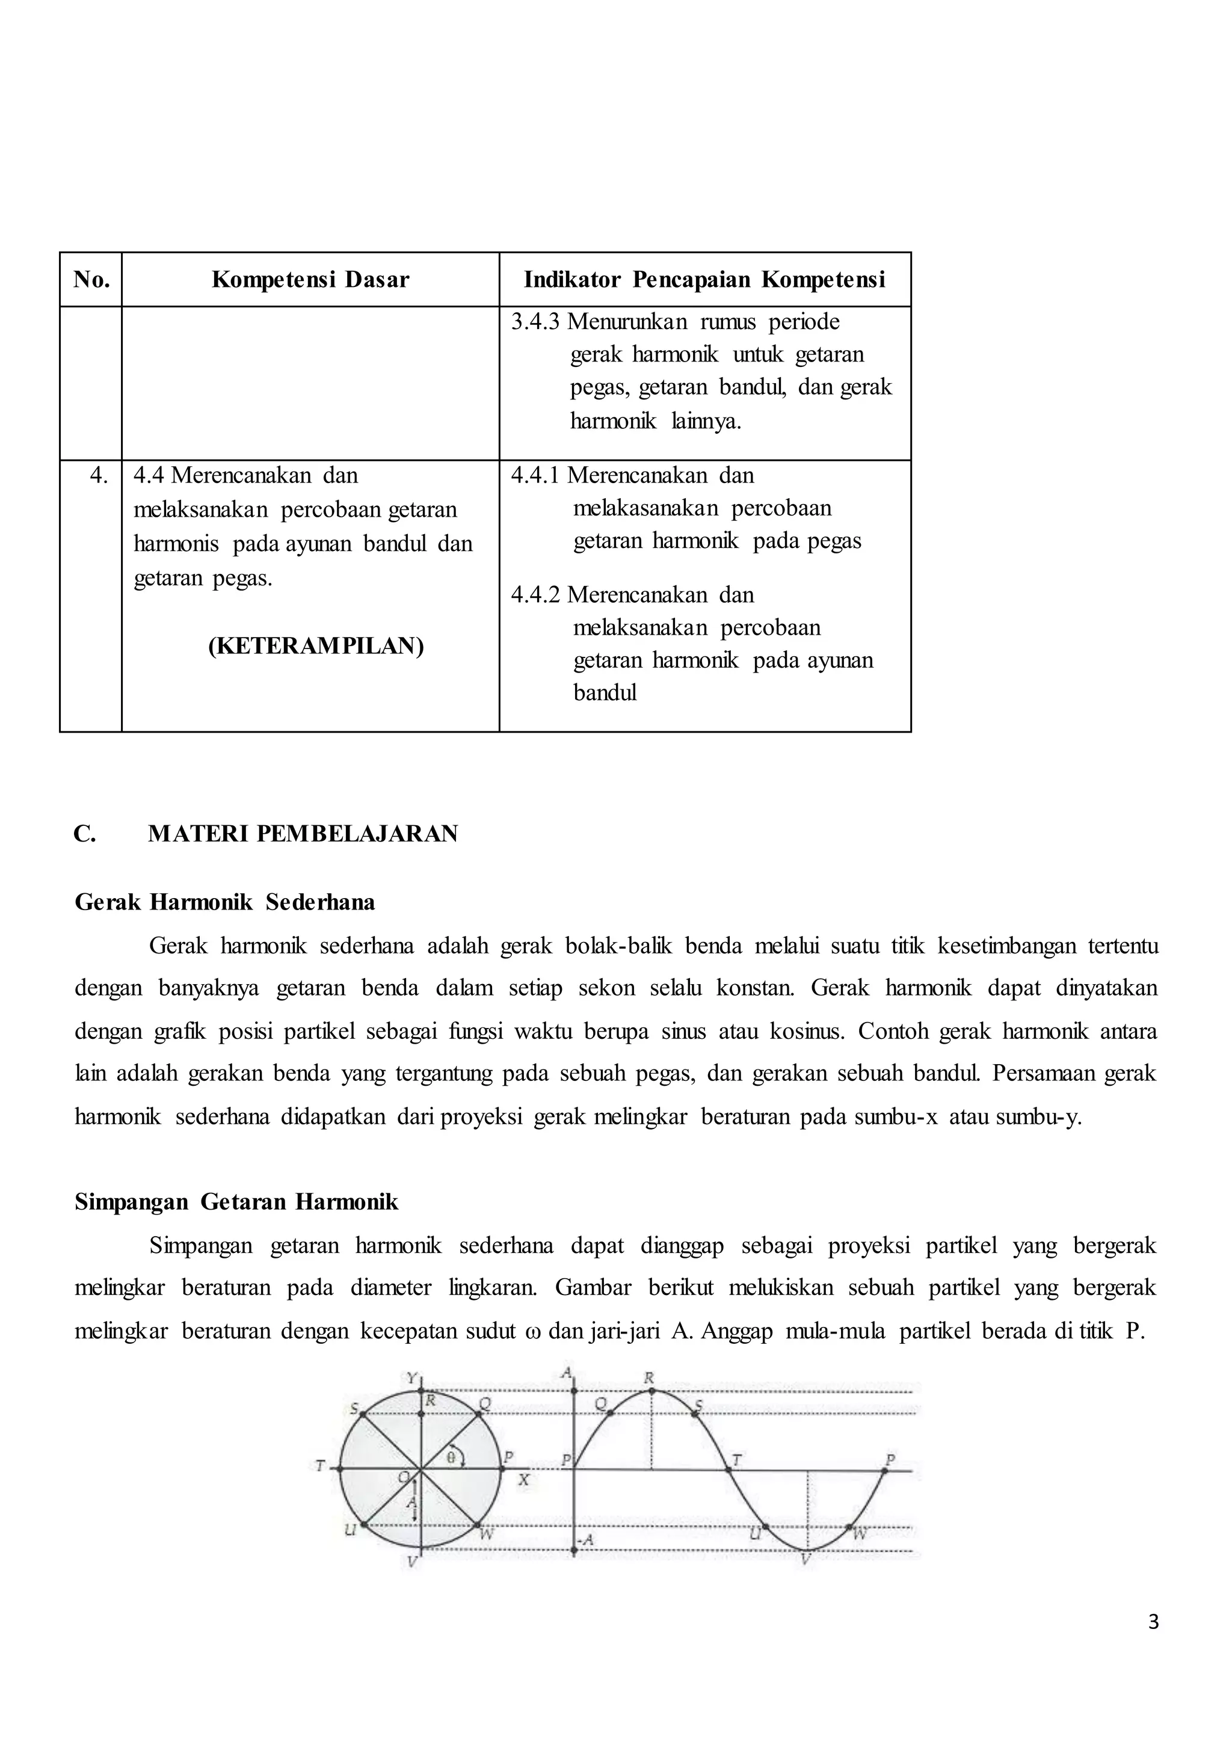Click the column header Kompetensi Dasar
[310, 280]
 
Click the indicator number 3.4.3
[535, 322]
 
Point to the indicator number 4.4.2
[535, 594]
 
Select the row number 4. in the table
[99, 476]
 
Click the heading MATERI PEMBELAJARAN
[303, 834]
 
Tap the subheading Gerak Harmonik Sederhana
[224, 902]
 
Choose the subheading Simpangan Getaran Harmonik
[236, 1202]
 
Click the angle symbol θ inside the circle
[451, 1457]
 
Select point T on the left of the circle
[321, 1467]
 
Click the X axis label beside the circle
[523, 1480]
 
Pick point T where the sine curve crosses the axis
[735, 1460]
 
